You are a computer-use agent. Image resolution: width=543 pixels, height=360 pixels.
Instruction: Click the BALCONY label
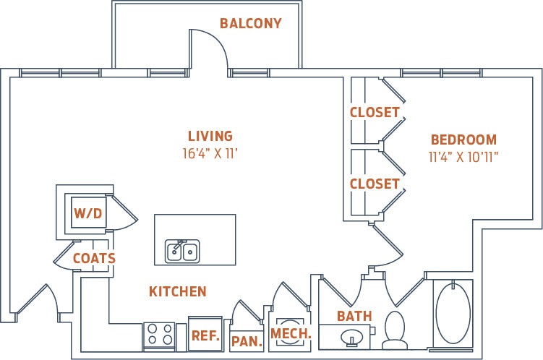tap(250, 24)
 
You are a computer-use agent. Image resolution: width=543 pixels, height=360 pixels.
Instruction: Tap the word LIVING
tap(210, 136)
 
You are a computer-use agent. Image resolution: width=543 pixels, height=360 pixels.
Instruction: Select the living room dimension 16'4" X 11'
tap(210, 153)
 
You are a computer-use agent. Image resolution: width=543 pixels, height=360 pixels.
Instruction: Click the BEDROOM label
tap(463, 140)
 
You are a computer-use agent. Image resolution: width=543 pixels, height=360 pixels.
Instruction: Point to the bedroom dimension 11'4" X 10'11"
tap(463, 155)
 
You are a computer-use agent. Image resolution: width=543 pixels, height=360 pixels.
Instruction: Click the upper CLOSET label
tap(375, 113)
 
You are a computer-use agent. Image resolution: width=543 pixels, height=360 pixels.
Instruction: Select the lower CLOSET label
tap(375, 184)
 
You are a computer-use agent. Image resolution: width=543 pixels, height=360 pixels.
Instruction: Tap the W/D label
tap(88, 213)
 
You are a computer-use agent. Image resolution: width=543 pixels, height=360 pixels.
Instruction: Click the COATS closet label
tap(94, 258)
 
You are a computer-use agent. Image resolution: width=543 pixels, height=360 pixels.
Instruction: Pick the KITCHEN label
tap(178, 292)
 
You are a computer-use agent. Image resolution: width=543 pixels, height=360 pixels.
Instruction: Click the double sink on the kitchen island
tap(182, 251)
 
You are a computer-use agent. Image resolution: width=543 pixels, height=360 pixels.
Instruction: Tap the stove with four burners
tap(158, 335)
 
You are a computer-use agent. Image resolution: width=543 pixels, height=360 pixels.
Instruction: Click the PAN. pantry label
tap(247, 341)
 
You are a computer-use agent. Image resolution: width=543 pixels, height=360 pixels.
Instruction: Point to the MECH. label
tap(290, 333)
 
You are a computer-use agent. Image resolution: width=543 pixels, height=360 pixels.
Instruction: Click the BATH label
tap(354, 316)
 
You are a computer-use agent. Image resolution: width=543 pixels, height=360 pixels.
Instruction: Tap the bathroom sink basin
tap(352, 337)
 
